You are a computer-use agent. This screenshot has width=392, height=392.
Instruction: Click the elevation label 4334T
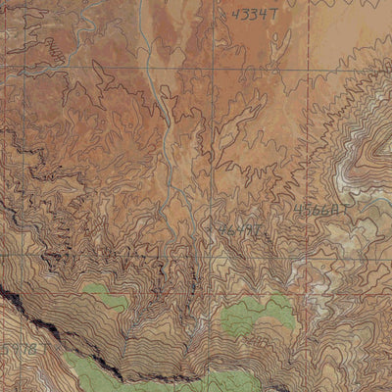[255, 16]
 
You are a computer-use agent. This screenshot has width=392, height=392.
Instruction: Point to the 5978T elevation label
[22, 349]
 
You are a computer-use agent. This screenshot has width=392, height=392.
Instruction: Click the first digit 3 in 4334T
[247, 16]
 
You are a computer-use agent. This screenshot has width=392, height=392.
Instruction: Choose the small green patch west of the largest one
[105, 295]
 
